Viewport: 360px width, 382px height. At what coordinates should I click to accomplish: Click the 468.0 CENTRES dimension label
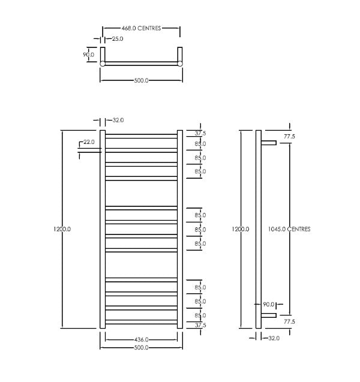141,28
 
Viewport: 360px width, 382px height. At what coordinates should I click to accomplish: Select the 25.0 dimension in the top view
117,39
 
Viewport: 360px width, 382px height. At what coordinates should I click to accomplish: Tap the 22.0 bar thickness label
89,142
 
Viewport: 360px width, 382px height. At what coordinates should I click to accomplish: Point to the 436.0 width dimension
141,339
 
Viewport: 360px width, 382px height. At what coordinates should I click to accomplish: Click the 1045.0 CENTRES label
290,229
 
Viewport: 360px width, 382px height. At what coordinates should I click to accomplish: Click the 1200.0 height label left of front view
62,229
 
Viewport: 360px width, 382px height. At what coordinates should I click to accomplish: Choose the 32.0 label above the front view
118,121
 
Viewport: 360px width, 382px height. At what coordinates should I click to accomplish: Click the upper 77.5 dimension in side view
290,137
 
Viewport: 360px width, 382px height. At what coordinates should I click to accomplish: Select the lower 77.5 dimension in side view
290,321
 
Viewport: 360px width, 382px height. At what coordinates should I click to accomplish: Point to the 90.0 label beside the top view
88,55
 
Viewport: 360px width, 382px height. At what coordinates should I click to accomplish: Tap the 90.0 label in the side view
268,305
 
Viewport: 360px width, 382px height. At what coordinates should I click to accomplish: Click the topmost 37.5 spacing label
200,133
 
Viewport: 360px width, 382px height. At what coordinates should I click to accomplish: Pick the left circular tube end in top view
103,64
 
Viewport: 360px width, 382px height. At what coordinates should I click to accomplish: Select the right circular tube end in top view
179,64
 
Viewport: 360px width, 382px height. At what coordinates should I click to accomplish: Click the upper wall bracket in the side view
268,143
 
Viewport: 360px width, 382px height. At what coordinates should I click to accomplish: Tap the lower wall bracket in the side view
268,315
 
